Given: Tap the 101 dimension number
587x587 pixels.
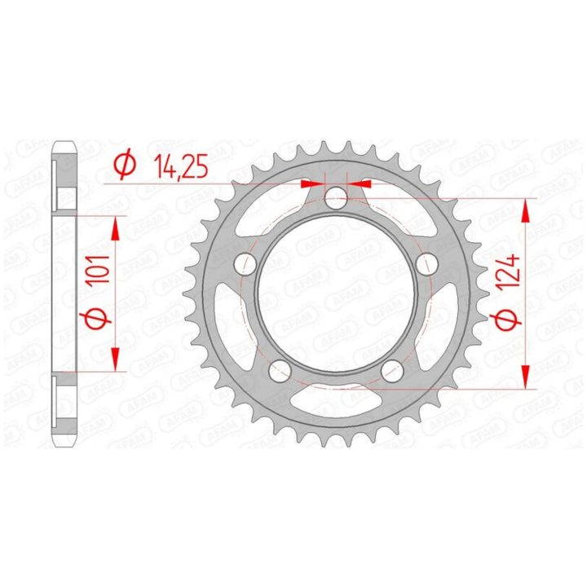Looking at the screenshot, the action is tap(98, 270).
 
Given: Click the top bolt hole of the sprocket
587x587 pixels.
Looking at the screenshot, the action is tap(336, 198).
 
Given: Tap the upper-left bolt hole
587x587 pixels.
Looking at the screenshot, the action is tap(245, 263).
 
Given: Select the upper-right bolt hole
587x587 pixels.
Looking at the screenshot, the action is tap(427, 263).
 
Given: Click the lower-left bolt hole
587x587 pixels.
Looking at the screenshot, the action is tap(280, 372).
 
